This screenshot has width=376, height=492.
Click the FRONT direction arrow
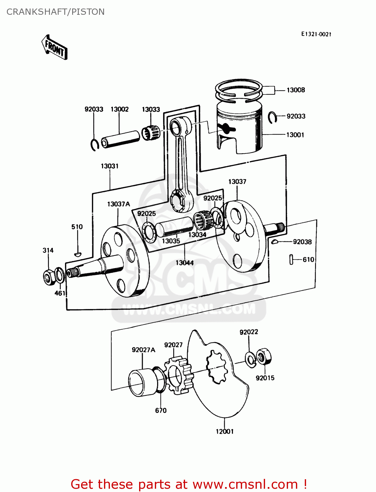pos(54,48)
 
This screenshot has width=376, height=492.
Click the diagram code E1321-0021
pos(316,34)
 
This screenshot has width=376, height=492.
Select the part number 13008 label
pos(296,90)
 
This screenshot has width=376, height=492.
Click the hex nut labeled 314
pos(49,277)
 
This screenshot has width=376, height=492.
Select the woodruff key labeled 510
pos(77,254)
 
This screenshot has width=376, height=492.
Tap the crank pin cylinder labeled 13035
pos(174,226)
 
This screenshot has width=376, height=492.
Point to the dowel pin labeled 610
pos(291,259)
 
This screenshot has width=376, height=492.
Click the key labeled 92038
pos(275,242)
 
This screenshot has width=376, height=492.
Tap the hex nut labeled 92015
pos(263,357)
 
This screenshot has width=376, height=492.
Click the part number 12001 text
pos(224,432)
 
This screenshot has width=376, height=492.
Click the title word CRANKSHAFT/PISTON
pos(55,12)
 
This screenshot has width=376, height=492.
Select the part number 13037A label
pos(118,204)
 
